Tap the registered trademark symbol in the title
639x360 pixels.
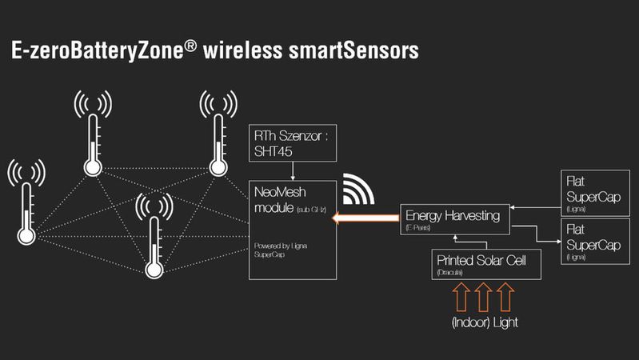(x=189, y=47)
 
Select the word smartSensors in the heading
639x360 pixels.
(x=352, y=52)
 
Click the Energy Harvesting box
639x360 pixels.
(x=453, y=219)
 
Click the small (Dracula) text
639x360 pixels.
(x=451, y=273)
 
